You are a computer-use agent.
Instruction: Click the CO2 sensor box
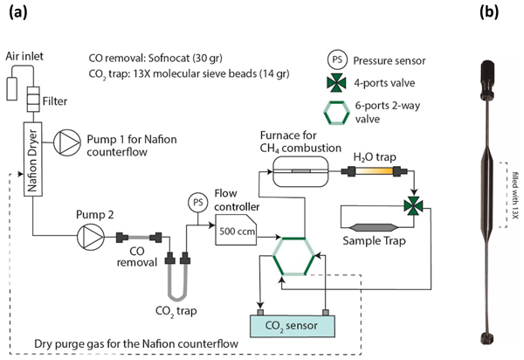[297, 326]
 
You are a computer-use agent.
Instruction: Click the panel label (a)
[16, 11]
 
